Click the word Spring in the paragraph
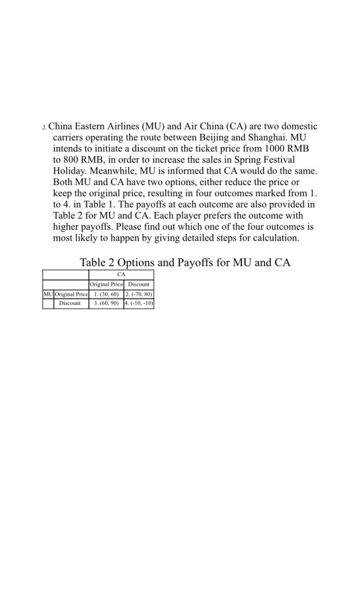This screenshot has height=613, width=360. [x=248, y=160]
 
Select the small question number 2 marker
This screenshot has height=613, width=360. [x=44, y=127]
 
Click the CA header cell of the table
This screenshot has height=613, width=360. [x=121, y=275]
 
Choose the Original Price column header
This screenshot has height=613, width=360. [x=106, y=285]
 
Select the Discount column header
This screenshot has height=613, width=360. [x=139, y=285]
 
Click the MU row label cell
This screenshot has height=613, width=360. [x=48, y=294]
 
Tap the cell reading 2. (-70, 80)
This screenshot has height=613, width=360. [x=139, y=294]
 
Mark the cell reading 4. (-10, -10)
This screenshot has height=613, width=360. [x=139, y=303]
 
